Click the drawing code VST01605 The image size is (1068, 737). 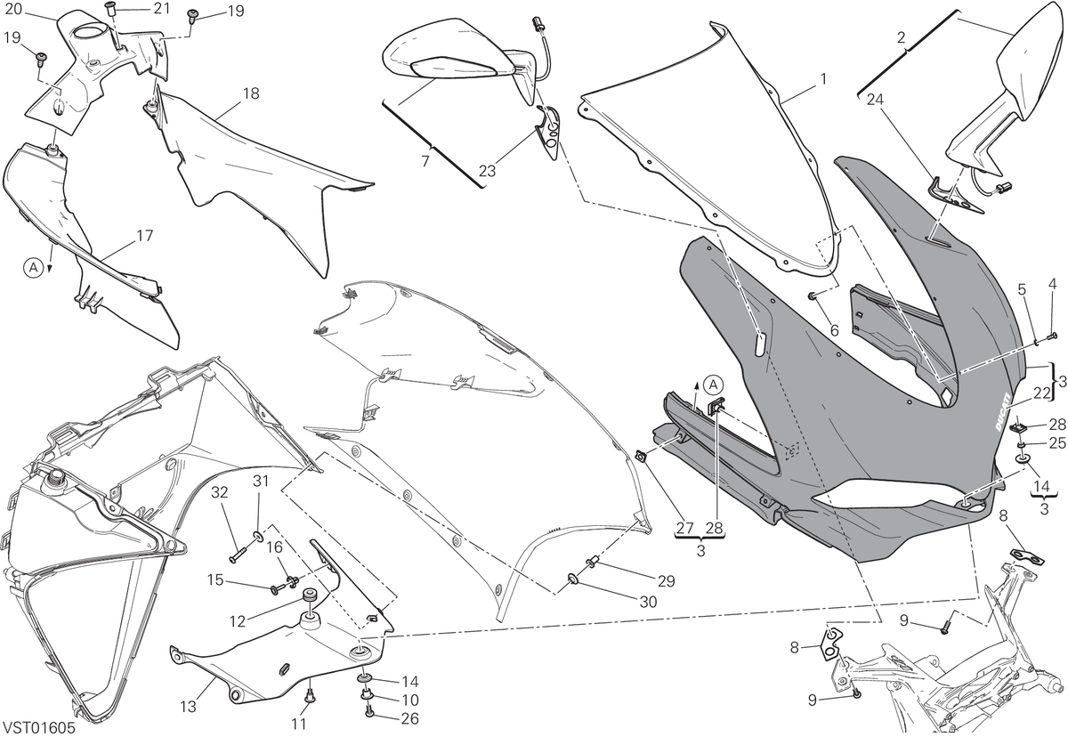coord(39,728)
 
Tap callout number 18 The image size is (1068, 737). coord(251,93)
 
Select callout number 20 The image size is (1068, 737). coord(13,9)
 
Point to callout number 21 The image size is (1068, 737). coord(162,9)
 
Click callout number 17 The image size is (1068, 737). coord(144,236)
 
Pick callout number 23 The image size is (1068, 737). coord(487,171)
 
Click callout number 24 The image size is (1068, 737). coord(875,100)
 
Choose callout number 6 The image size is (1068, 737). coord(834,330)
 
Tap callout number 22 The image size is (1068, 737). coord(1041,393)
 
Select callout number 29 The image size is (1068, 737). coord(666,581)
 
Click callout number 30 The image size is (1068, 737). coord(648,603)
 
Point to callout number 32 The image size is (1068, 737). coord(219,492)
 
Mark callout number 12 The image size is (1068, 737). coord(237,621)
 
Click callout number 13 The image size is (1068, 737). coord(189,707)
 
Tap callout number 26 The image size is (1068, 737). coord(409,718)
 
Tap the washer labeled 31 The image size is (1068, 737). coord(257,538)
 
